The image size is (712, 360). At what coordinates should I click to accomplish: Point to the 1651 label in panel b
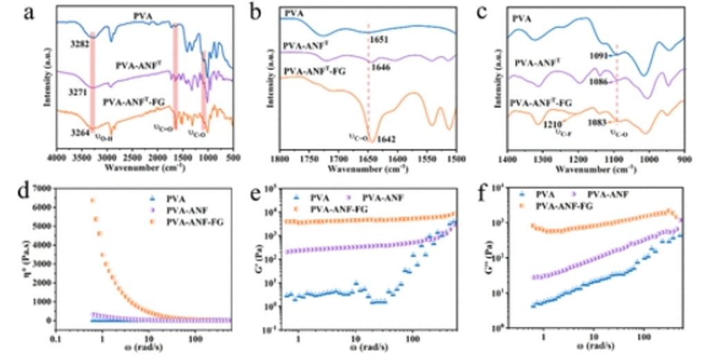point(378,41)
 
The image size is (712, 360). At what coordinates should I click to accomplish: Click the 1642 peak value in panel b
point(386,140)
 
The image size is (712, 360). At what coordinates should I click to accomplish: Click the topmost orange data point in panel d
point(92,201)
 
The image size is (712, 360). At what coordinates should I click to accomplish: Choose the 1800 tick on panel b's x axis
point(280,159)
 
